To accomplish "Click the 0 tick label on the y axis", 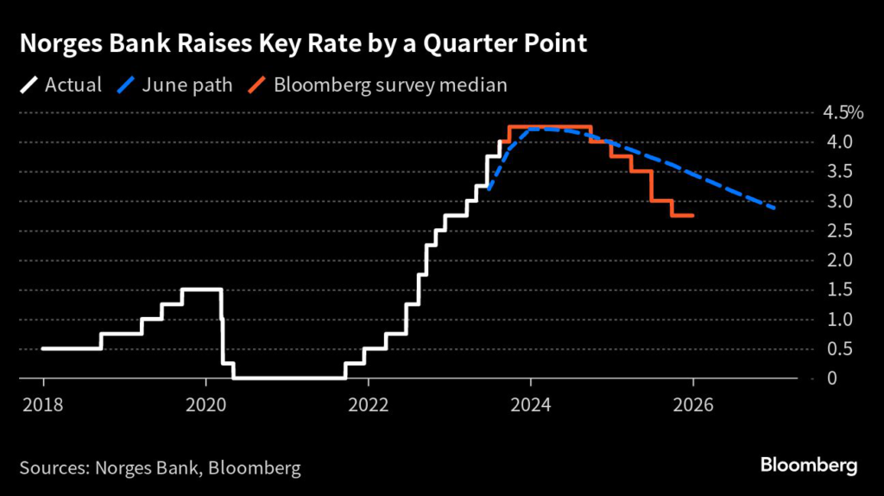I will coord(830,378).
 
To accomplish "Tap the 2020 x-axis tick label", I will coord(205,404).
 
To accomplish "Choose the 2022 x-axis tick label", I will coord(369,404).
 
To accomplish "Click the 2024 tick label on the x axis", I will coord(531,404).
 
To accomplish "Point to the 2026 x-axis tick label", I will coord(693,404).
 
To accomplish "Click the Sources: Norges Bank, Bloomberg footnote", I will coord(160,468).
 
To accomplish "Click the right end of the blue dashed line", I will coord(774,208).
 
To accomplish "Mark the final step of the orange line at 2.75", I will coord(683,216).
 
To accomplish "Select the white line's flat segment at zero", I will coord(289,378).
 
